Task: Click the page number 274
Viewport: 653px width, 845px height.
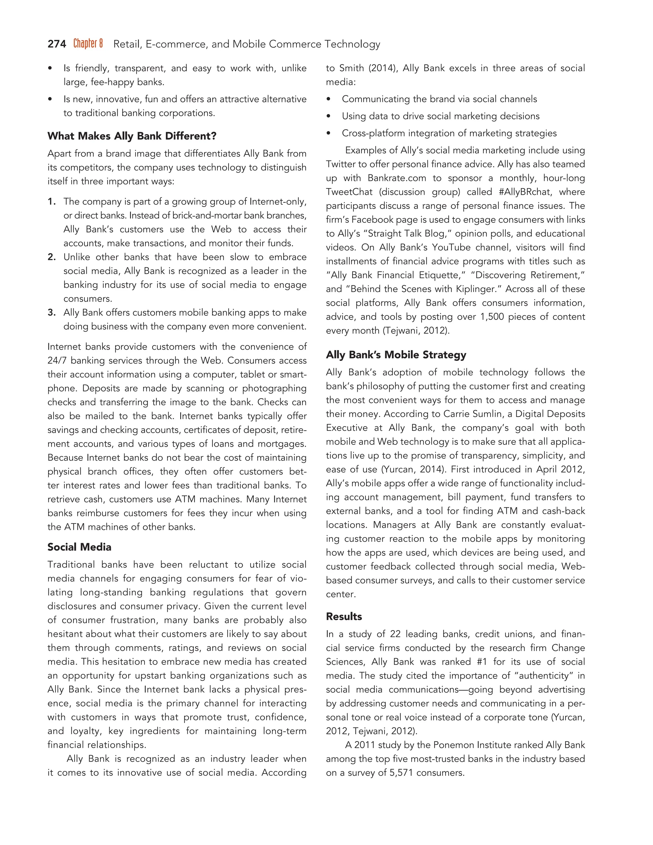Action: click(x=57, y=44)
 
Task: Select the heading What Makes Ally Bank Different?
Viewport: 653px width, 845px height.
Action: click(x=132, y=136)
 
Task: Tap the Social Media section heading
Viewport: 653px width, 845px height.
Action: click(x=79, y=547)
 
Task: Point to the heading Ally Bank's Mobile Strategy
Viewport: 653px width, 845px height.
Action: click(x=396, y=355)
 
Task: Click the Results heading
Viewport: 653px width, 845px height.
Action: click(x=344, y=616)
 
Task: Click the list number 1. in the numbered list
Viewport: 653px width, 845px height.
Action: click(x=52, y=202)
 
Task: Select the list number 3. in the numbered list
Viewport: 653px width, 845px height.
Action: click(x=52, y=312)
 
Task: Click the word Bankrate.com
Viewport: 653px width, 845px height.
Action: click(x=397, y=178)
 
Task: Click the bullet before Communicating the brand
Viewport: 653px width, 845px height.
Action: click(x=329, y=99)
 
